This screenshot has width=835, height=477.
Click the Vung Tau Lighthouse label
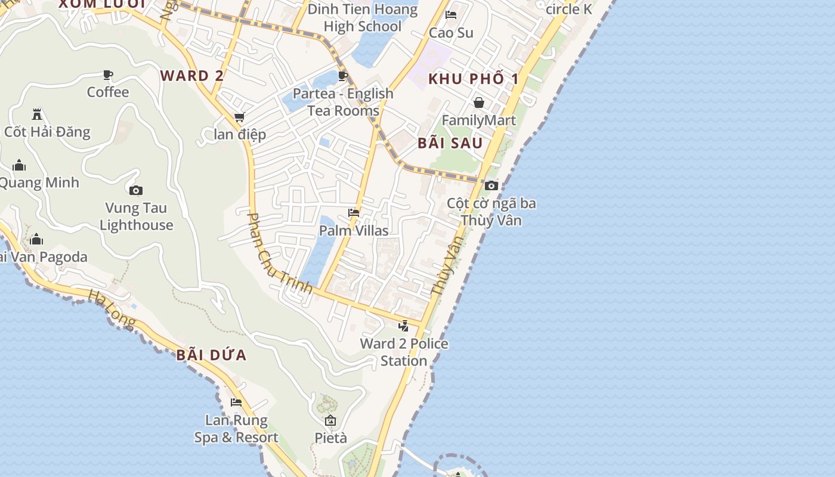(136, 216)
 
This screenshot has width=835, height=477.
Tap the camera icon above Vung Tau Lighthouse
(136, 191)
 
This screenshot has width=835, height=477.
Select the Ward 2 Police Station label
(404, 352)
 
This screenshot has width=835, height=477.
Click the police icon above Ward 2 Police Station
(404, 326)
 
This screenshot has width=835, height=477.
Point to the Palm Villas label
(354, 231)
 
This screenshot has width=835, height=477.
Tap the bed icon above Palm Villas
(354, 213)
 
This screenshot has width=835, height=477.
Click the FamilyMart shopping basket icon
(478, 103)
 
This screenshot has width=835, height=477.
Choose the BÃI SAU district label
(450, 143)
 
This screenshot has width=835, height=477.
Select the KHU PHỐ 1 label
(474, 79)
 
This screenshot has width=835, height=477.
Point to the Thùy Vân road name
(447, 266)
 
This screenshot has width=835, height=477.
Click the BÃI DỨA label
(211, 355)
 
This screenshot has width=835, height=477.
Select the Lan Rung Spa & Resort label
(236, 429)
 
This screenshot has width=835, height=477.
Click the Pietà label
(330, 438)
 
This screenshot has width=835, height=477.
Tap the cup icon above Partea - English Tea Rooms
(342, 76)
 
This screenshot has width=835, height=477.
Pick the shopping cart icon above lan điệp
(239, 117)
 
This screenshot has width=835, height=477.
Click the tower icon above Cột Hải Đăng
(37, 114)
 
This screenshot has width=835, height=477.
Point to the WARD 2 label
(192, 76)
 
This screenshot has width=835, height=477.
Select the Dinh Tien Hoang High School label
(363, 18)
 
